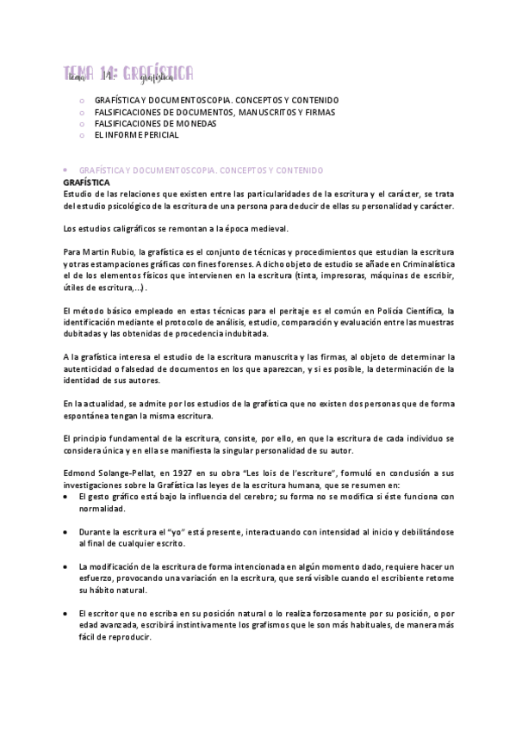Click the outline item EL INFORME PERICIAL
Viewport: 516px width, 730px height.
click(136, 135)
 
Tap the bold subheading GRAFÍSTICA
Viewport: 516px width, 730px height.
click(86, 182)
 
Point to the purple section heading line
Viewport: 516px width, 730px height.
click(190, 171)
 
